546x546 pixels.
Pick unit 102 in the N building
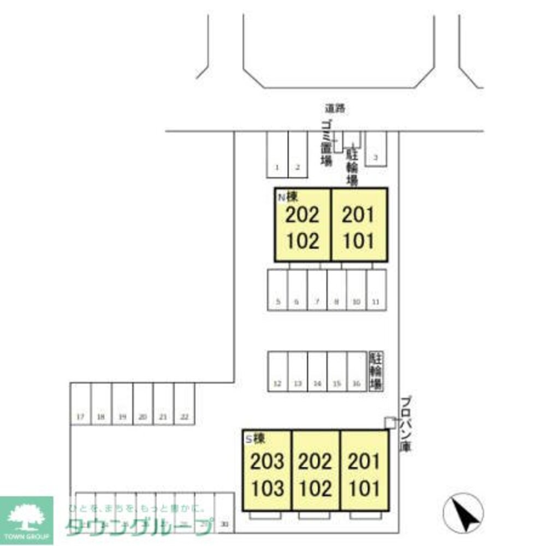pyautogui.click(x=302, y=240)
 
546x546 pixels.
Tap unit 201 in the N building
pyautogui.click(x=359, y=215)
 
